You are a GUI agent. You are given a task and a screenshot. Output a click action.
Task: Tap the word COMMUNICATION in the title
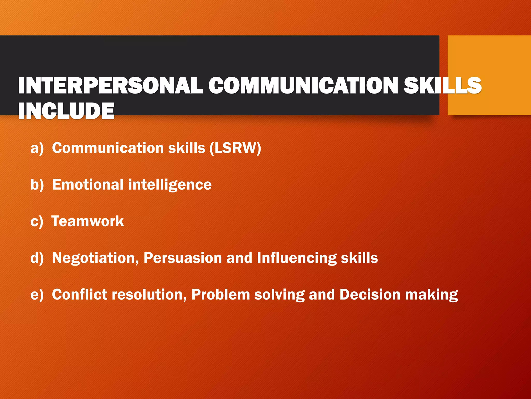click(x=303, y=85)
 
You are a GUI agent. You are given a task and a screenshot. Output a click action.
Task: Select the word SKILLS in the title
click(x=442, y=85)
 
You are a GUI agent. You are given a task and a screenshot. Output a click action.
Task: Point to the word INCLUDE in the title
click(x=66, y=111)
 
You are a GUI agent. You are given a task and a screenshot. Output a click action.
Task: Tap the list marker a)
click(x=37, y=148)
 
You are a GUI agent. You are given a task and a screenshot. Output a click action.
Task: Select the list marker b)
click(x=37, y=185)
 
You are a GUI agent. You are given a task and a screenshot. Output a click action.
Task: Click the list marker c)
click(x=37, y=221)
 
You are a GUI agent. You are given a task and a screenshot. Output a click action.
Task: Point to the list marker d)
click(x=37, y=258)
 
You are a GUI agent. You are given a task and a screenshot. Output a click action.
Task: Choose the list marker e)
click(x=37, y=295)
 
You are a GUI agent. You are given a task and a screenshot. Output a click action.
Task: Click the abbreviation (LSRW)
click(x=235, y=148)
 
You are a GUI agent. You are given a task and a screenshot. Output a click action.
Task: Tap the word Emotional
click(x=88, y=185)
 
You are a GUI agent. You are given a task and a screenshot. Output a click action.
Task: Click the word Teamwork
click(x=88, y=221)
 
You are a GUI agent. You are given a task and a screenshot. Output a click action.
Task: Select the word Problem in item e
click(x=221, y=295)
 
